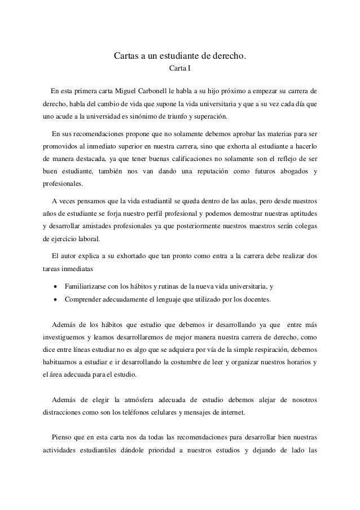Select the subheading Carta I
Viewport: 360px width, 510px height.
[180, 70]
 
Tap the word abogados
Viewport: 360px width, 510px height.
[292, 171]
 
